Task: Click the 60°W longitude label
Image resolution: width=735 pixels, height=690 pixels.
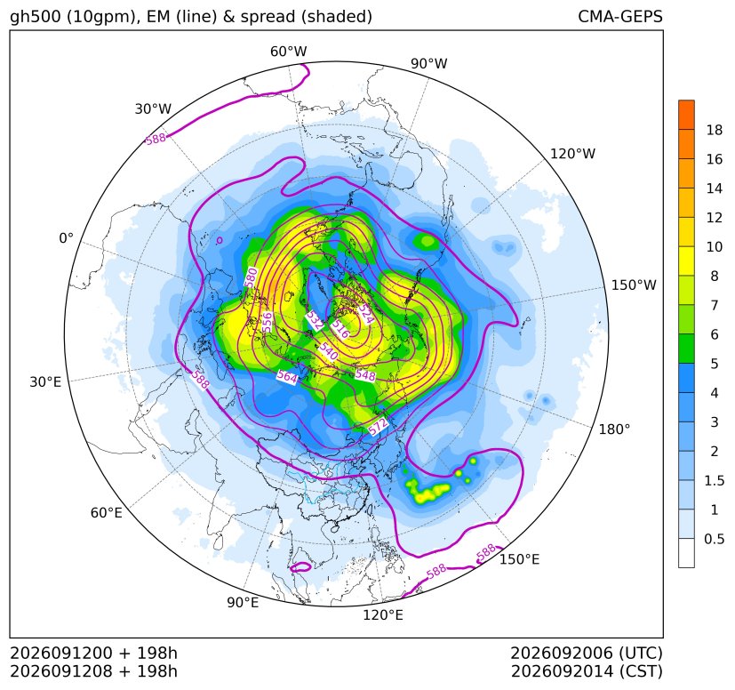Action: point(288,52)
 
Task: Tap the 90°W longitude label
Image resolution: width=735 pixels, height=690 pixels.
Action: point(429,63)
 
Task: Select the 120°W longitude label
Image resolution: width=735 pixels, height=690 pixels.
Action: point(572,154)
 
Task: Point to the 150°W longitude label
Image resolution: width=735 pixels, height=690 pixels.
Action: point(634,285)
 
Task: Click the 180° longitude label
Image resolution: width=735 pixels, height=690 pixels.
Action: point(614,429)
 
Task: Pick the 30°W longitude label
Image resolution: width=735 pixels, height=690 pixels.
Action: point(153,108)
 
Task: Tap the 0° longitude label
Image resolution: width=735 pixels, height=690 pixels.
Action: point(66,238)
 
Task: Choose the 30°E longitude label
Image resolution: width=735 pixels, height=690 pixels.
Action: point(45,381)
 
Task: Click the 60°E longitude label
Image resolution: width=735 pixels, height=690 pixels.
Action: point(107,513)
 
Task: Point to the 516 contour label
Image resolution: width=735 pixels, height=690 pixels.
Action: point(340,329)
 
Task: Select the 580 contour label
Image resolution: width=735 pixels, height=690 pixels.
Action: point(252,277)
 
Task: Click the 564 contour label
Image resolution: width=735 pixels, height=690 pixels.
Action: point(287,377)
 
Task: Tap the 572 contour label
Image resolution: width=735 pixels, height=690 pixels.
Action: point(379,427)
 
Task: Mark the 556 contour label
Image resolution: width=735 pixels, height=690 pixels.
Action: point(268,322)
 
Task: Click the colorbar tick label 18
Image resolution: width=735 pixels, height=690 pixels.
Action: point(715,130)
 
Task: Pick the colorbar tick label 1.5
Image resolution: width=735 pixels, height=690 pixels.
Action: point(715,480)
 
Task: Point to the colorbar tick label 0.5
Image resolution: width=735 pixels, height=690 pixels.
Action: point(715,539)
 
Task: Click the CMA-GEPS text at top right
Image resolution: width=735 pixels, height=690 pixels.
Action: point(620,16)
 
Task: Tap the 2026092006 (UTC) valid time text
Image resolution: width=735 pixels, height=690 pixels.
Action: point(587,653)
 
